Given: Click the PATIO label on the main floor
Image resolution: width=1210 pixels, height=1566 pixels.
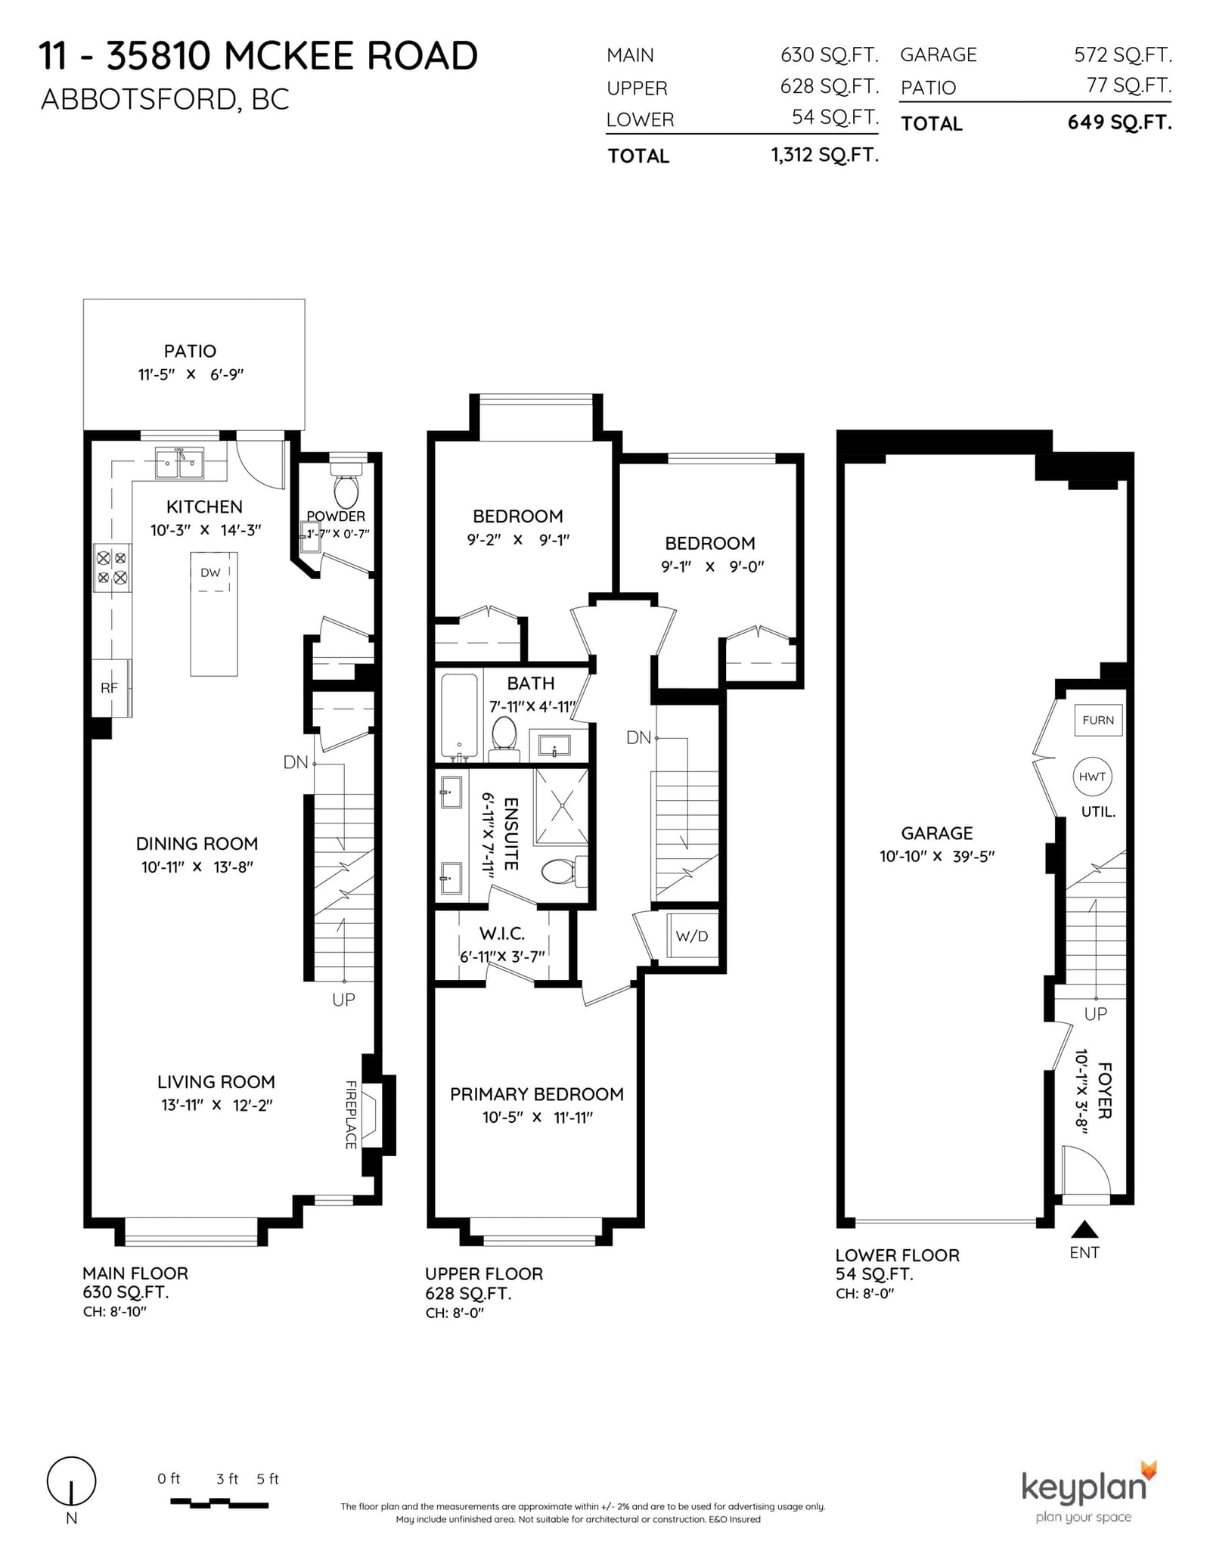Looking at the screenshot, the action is [x=190, y=351].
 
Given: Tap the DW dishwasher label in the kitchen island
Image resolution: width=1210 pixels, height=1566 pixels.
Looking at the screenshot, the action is [x=210, y=572].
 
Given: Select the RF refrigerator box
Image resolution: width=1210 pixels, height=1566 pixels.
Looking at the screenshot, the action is [x=111, y=687].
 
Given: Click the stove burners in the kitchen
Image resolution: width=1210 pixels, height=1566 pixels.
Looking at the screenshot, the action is [x=112, y=569].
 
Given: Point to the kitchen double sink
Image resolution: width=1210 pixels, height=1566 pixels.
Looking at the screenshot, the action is [x=179, y=463].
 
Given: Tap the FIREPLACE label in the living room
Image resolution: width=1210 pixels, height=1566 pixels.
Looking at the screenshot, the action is [x=351, y=1115].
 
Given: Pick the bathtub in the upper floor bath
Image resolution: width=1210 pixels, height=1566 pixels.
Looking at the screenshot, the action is [x=459, y=715].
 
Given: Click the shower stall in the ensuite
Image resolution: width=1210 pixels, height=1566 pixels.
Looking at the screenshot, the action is [x=561, y=806].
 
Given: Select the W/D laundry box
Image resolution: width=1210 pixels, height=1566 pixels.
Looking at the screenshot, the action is [x=692, y=935].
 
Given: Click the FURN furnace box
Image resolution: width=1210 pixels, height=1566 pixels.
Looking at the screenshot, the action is [x=1098, y=720].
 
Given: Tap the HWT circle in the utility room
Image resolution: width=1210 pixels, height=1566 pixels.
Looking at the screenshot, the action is [x=1092, y=777].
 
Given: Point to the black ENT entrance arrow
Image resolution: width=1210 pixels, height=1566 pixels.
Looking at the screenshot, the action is [x=1084, y=1228].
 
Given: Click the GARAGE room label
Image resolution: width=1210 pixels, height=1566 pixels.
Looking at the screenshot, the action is [x=936, y=833].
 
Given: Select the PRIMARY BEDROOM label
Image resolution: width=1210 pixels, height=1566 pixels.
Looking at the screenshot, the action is [x=537, y=1094].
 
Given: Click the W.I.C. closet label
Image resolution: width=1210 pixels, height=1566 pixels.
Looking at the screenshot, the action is [x=502, y=934].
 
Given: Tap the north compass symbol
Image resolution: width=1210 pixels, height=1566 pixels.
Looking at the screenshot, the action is [x=72, y=1481].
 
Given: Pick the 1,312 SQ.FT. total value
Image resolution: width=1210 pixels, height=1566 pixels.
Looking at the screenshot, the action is [x=824, y=155].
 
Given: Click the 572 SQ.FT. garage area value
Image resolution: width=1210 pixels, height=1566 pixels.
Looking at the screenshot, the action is [x=1122, y=54].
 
